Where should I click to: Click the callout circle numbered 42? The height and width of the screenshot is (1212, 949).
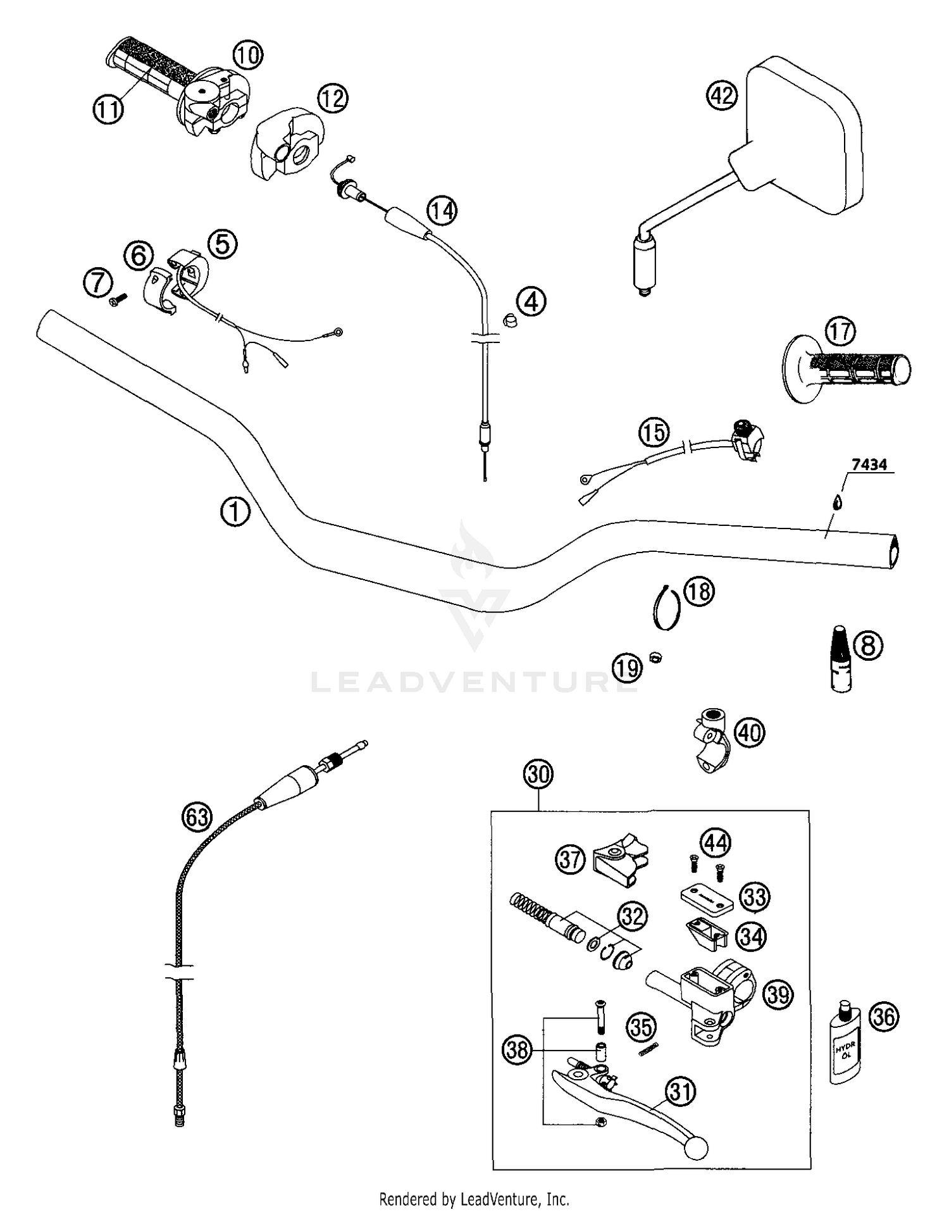(722, 96)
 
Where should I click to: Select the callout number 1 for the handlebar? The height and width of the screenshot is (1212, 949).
(235, 511)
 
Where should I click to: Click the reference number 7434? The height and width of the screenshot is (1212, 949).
(869, 465)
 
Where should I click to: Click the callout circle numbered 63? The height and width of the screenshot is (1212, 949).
(197, 817)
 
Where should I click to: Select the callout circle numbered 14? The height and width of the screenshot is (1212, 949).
(442, 210)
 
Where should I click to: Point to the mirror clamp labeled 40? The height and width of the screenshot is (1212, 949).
(711, 740)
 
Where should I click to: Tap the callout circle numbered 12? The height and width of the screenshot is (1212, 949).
(333, 98)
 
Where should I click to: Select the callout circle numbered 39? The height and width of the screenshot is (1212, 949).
(778, 996)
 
